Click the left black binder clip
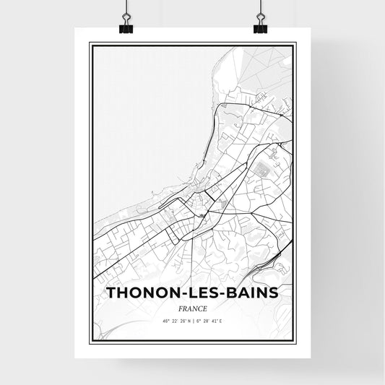coord(125,25)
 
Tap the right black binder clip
coord(260,25)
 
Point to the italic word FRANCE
coord(192,306)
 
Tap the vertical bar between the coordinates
coord(193,319)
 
